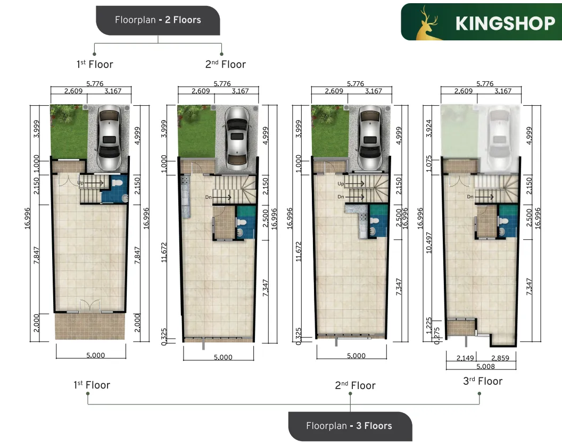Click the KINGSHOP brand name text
point(505,23)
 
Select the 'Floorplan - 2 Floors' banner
point(158,20)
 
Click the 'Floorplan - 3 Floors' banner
point(350,426)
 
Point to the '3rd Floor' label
point(483,381)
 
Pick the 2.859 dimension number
point(500,358)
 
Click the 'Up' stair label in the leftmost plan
point(80,182)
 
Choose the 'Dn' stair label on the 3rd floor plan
point(470,197)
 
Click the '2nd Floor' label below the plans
point(355,385)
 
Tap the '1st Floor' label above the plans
point(94,64)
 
